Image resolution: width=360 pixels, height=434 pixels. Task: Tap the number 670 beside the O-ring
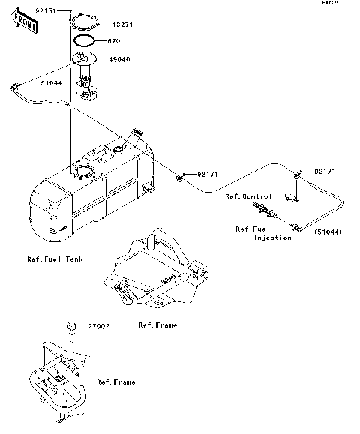pyautogui.click(x=113, y=41)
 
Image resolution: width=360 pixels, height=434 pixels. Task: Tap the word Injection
pyautogui.click(x=273, y=238)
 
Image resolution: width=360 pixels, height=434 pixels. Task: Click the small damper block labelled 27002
pyautogui.click(x=72, y=326)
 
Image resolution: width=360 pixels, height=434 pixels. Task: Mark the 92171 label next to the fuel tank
pyautogui.click(x=208, y=175)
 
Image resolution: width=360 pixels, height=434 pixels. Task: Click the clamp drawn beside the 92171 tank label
pyautogui.click(x=181, y=177)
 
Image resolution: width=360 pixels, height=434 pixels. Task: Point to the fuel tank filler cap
pyautogui.click(x=136, y=132)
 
